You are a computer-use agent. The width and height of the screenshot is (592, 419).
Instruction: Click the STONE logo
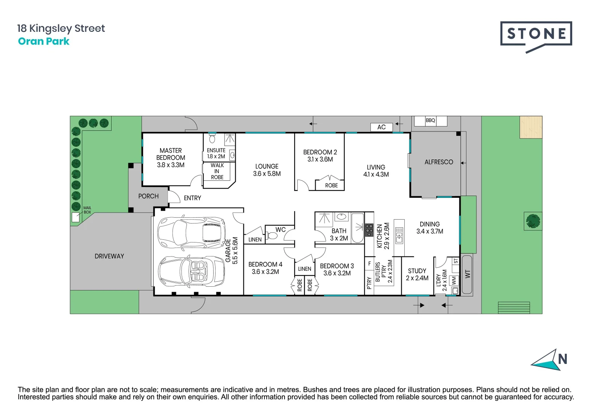pyautogui.click(x=536, y=37)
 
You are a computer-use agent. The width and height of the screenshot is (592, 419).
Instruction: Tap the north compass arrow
pyautogui.click(x=545, y=360)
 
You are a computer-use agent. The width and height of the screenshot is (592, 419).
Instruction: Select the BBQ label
pyautogui.click(x=430, y=120)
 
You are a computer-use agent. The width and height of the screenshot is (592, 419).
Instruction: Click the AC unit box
pyautogui.click(x=381, y=127)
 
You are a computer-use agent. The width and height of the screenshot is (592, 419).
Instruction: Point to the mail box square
pyautogui.click(x=76, y=217)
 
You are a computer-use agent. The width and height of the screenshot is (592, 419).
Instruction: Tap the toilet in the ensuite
pyautogui.click(x=212, y=139)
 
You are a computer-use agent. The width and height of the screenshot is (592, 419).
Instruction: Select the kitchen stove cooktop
pyautogui.click(x=369, y=230)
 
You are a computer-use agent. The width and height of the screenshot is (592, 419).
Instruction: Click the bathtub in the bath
pyautogui.click(x=357, y=228)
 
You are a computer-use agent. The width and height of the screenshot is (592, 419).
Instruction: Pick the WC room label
pyautogui.click(x=280, y=230)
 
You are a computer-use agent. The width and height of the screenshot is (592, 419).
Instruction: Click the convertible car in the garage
pyautogui.click(x=191, y=271)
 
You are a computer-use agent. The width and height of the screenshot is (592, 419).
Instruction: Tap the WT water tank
pyautogui.click(x=467, y=274)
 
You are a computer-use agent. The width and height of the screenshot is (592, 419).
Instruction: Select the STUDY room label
pyautogui.click(x=417, y=271)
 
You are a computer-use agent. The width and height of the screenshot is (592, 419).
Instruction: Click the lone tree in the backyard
pyautogui.click(x=533, y=221)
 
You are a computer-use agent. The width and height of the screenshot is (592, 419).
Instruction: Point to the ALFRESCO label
pyautogui.click(x=439, y=162)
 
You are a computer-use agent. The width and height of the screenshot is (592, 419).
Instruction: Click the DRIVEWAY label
pyautogui.click(x=109, y=256)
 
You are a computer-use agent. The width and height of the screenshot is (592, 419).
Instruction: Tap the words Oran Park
pyautogui.click(x=43, y=41)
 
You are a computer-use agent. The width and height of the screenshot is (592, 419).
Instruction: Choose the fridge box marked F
pyautogui.click(x=369, y=263)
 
